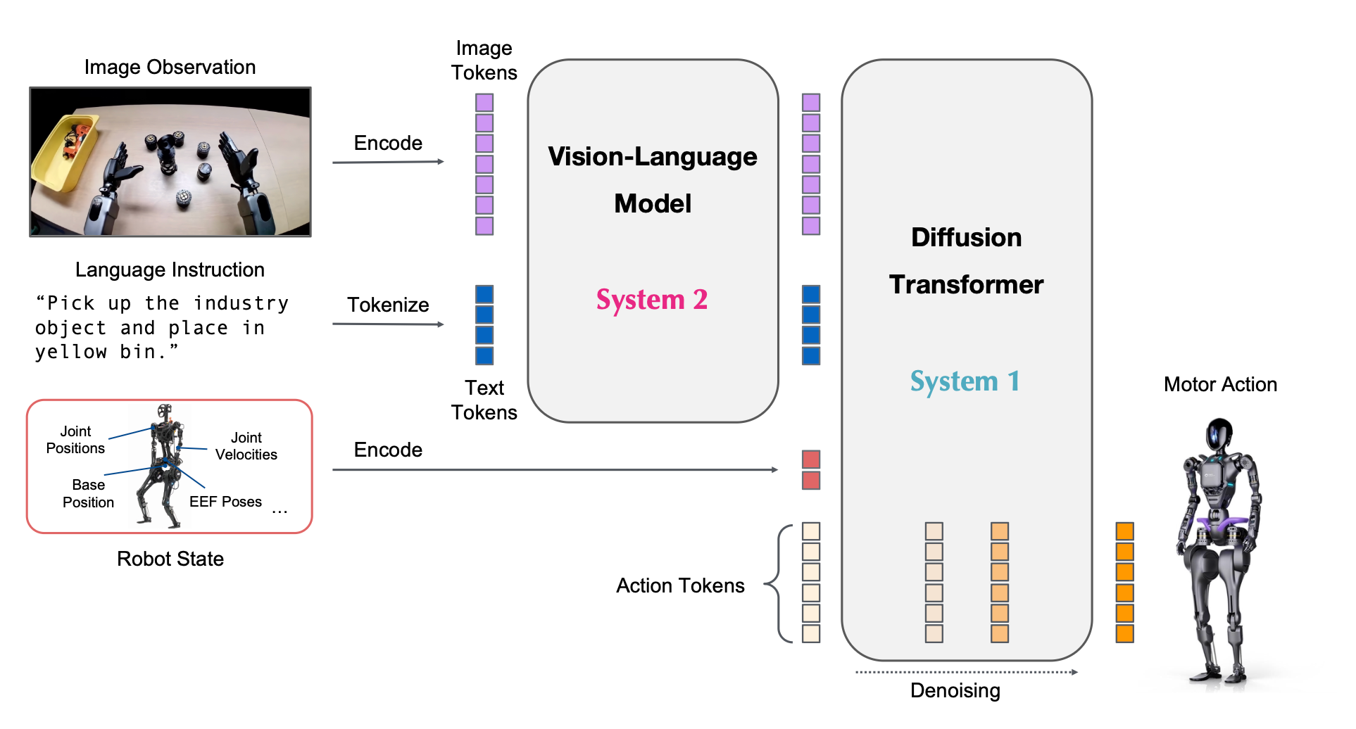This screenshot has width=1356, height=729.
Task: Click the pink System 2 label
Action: (x=652, y=300)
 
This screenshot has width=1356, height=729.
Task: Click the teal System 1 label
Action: (x=965, y=381)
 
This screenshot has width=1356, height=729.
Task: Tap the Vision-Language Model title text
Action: (x=653, y=179)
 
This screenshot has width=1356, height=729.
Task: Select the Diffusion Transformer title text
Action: (x=966, y=260)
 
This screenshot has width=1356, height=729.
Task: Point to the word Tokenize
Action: (x=388, y=305)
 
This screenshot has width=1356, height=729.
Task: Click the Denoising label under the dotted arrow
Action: (x=955, y=690)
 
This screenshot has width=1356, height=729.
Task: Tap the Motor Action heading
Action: (x=1220, y=384)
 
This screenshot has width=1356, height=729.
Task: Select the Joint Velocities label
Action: (x=246, y=446)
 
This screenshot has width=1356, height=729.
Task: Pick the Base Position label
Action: (x=88, y=493)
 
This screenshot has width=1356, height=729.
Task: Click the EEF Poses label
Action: (x=225, y=502)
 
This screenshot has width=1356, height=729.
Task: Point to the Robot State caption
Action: (x=170, y=559)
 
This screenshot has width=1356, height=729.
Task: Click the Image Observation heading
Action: (x=170, y=67)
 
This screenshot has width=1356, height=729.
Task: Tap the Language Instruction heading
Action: (x=170, y=270)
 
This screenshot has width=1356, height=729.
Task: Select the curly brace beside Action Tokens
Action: (x=778, y=583)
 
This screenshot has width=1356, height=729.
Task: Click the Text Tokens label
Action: (x=484, y=400)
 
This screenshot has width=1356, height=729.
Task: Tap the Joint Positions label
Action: (x=75, y=440)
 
